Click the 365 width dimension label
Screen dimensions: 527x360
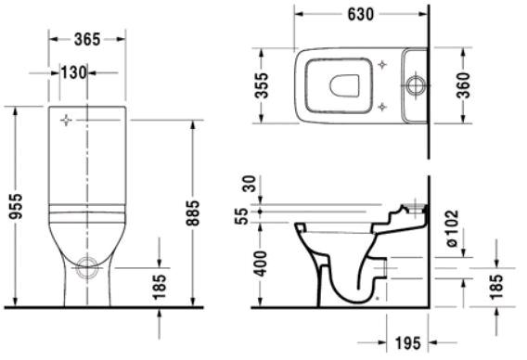(x=87, y=39)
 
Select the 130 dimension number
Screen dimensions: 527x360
(x=73, y=72)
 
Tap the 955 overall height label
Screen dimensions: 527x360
(x=16, y=206)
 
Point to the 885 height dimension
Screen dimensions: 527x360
(x=193, y=212)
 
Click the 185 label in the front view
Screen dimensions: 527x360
(x=160, y=287)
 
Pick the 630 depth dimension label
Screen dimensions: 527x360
(x=361, y=14)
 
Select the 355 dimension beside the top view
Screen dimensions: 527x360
(x=262, y=85)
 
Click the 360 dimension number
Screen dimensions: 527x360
(x=464, y=85)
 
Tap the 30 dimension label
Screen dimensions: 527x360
(x=250, y=184)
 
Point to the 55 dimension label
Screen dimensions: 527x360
(x=241, y=216)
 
